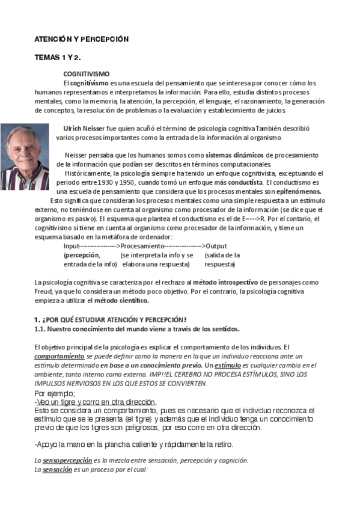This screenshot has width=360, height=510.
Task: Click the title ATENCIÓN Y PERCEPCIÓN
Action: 81,39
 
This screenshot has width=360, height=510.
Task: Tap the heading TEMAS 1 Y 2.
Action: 57,58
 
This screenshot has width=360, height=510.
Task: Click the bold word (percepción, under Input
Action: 82,255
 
